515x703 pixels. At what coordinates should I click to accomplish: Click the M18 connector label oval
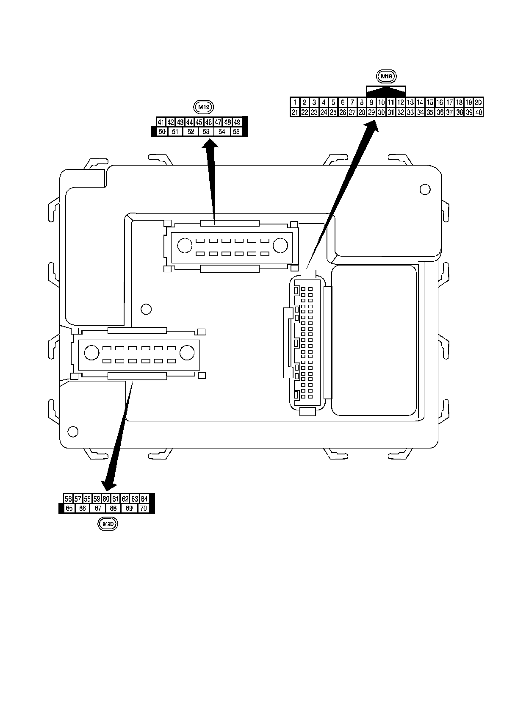click(386, 76)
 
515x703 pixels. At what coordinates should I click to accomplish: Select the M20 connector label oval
click(108, 524)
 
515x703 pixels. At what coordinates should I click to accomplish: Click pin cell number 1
click(294, 102)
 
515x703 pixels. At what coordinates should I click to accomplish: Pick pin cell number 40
click(478, 112)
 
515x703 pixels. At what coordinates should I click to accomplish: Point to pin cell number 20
click(478, 102)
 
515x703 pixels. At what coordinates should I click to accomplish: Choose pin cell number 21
click(295, 112)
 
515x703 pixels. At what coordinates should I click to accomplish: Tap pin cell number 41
click(161, 122)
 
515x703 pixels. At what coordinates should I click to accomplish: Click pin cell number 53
click(206, 132)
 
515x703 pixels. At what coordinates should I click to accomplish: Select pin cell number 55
click(236, 132)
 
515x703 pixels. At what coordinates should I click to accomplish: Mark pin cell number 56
click(68, 498)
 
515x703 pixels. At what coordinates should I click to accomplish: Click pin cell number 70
click(144, 508)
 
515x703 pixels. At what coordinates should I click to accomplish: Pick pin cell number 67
click(98, 508)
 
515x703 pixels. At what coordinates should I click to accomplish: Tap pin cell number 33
click(410, 112)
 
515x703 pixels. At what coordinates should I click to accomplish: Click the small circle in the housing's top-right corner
click(424, 189)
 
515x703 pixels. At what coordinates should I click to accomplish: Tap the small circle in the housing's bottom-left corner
click(73, 432)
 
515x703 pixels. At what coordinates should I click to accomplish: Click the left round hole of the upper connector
click(185, 246)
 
